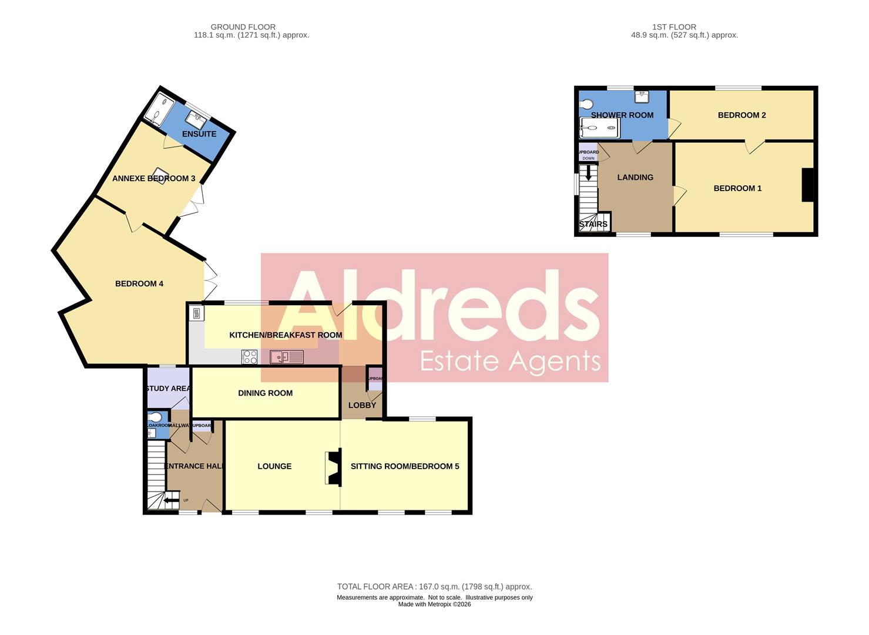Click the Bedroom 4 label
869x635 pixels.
tap(139, 284)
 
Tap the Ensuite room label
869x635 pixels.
tap(199, 134)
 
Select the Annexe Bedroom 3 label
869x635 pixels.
tap(154, 179)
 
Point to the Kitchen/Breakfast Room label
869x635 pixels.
tap(286, 335)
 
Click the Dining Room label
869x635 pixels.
tap(265, 393)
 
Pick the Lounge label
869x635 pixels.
tap(274, 466)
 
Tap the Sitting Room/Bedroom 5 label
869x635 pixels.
tap(405, 466)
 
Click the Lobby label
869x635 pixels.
tap(362, 405)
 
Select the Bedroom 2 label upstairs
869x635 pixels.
tap(741, 115)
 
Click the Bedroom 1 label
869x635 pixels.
tap(737, 189)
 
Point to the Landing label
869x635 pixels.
tap(635, 178)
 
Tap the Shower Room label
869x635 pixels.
tap(622, 115)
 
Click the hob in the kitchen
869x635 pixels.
tap(250, 357)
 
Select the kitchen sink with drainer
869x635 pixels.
tap(286, 357)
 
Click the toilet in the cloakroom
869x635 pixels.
tap(155, 417)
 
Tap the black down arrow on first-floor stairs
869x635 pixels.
tap(588, 175)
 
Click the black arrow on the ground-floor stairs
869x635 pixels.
tap(171, 501)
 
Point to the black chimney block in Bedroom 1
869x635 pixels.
tap(808, 185)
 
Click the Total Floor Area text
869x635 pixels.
tap(434, 587)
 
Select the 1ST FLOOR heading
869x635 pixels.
tap(674, 27)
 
